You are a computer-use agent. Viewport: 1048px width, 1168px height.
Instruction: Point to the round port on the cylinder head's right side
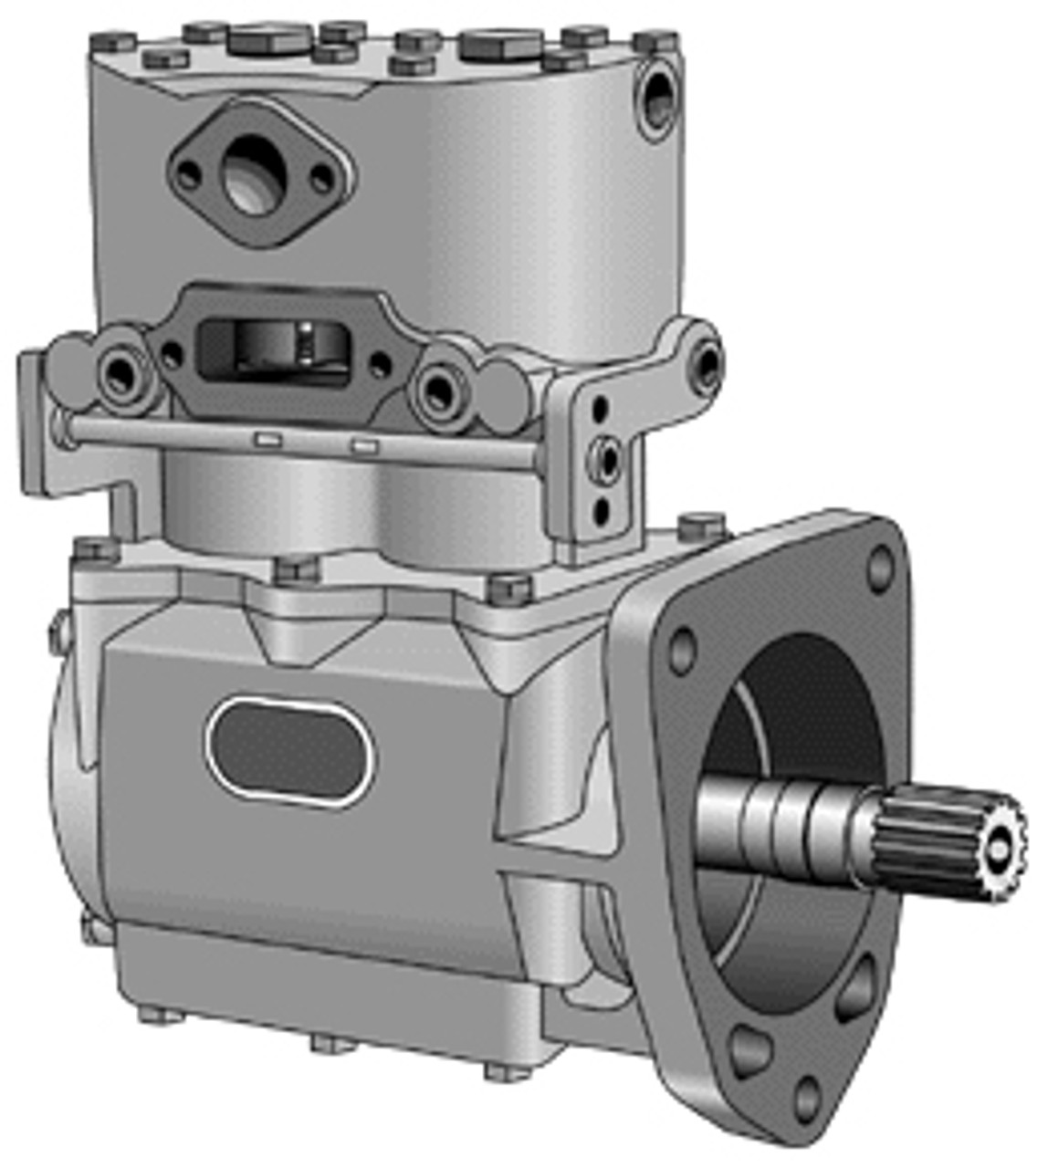point(657,99)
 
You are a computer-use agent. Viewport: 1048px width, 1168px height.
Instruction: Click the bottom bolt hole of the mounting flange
point(807,1099)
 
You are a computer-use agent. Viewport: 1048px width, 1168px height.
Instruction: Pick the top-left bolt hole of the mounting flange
point(682,652)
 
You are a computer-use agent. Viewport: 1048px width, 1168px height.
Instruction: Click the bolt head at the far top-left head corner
point(114,41)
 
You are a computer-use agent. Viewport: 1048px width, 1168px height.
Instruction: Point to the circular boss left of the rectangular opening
point(122,372)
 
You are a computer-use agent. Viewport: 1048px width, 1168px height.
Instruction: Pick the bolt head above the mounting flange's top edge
point(701,526)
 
